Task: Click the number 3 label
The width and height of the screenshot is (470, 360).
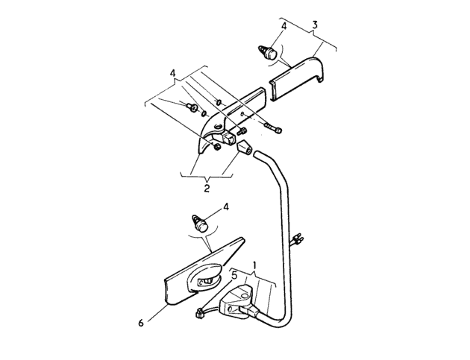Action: [x=314, y=25]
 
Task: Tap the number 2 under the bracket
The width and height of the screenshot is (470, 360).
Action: [x=207, y=189]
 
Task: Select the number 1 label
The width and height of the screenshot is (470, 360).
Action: [x=255, y=265]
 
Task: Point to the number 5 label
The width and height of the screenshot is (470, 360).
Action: [x=234, y=275]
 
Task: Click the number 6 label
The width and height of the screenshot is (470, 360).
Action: [x=141, y=323]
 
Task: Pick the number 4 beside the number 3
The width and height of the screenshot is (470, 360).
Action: [x=283, y=26]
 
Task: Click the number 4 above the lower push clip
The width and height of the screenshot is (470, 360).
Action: [x=226, y=206]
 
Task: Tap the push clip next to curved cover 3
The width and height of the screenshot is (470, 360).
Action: [x=267, y=54]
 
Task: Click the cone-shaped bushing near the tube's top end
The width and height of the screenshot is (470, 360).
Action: [x=245, y=148]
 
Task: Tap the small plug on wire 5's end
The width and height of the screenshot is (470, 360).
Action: [x=198, y=315]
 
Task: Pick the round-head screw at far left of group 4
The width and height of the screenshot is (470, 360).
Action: [x=191, y=107]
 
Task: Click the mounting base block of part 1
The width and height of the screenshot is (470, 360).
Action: [x=236, y=303]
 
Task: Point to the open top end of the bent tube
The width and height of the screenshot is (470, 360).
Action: [x=257, y=154]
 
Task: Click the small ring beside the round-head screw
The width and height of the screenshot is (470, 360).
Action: [x=204, y=113]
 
